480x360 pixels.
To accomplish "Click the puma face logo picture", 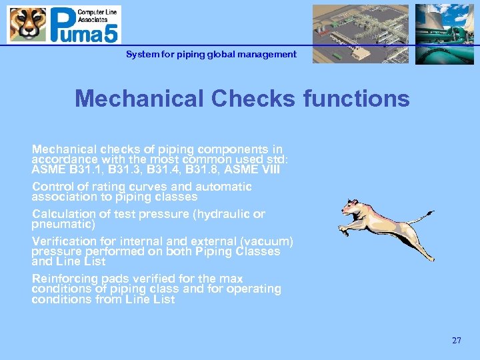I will point(28,25).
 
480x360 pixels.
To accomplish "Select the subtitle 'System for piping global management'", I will point(211,55).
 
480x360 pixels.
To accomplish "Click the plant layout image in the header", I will point(361,34).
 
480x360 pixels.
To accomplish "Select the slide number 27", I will point(456,341).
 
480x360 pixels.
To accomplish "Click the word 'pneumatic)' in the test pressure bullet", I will point(64,225).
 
